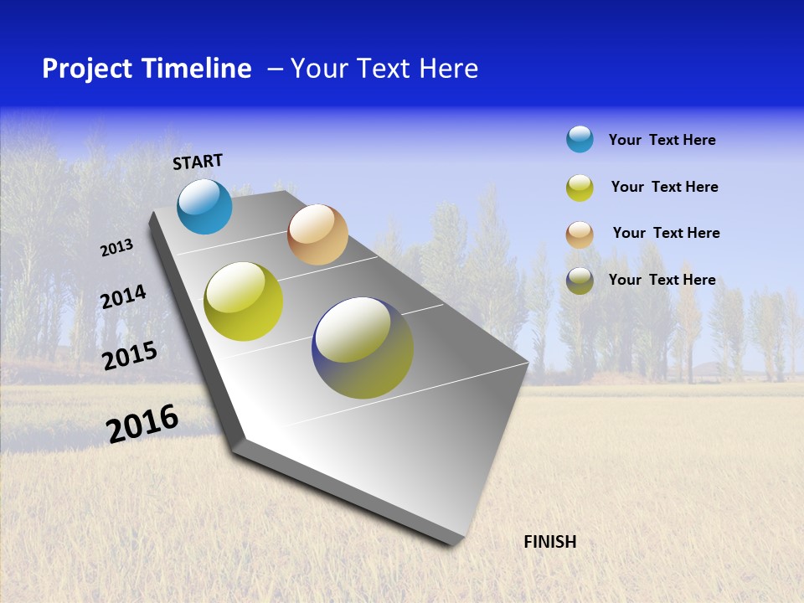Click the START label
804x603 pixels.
[198, 162]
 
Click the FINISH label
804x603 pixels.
[549, 542]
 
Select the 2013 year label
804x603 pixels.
[116, 248]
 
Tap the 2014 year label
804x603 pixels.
[123, 297]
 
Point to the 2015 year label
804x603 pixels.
[130, 356]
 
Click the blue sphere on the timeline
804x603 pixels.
[204, 206]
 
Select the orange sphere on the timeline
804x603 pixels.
[317, 234]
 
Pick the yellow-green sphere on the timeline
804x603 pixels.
[244, 301]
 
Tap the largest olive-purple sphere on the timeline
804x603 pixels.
[363, 348]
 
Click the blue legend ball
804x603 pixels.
[580, 140]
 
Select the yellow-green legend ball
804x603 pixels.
[580, 188]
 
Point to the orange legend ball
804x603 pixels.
[580, 234]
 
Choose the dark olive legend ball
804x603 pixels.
[580, 281]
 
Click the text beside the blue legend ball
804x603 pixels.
[662, 141]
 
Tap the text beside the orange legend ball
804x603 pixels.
[666, 233]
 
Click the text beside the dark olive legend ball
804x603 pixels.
[662, 280]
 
